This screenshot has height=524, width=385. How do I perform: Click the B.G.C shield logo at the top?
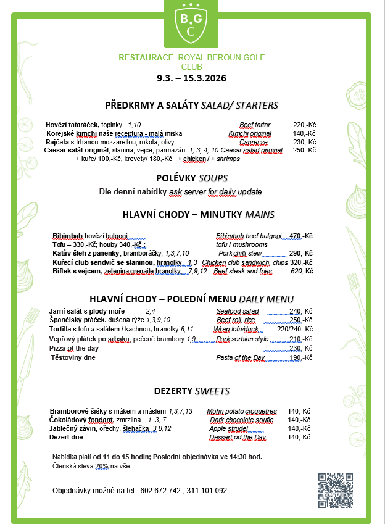tap(192, 23)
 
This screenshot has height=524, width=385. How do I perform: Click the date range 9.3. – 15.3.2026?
tap(192, 78)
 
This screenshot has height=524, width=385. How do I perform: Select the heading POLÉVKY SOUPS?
tap(192, 178)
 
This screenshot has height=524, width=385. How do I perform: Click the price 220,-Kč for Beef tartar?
tap(304, 125)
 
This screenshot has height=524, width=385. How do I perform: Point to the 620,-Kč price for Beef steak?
tap(302, 271)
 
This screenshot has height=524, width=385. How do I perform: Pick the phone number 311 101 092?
tap(206, 491)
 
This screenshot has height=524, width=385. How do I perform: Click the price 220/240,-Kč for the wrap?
tap(295, 330)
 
